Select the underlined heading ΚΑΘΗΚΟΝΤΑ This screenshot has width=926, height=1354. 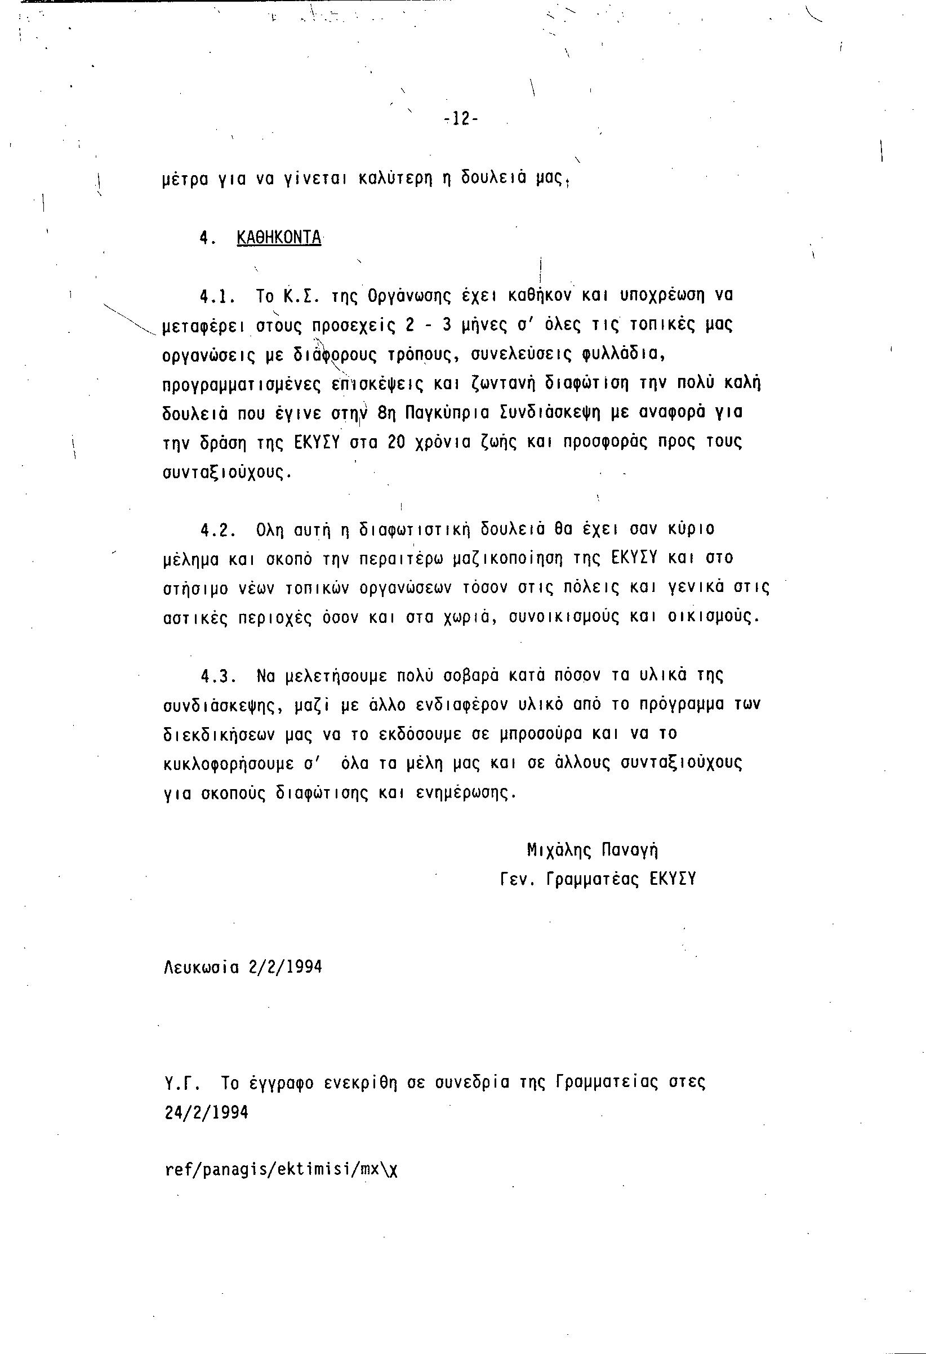[x=279, y=238]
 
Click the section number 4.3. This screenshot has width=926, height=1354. [x=218, y=676]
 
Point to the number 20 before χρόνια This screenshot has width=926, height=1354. [x=397, y=442]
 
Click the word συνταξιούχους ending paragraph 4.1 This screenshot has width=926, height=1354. [x=226, y=472]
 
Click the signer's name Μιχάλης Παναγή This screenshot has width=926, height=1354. [x=592, y=851]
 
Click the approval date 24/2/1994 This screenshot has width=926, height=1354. [x=207, y=1113]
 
